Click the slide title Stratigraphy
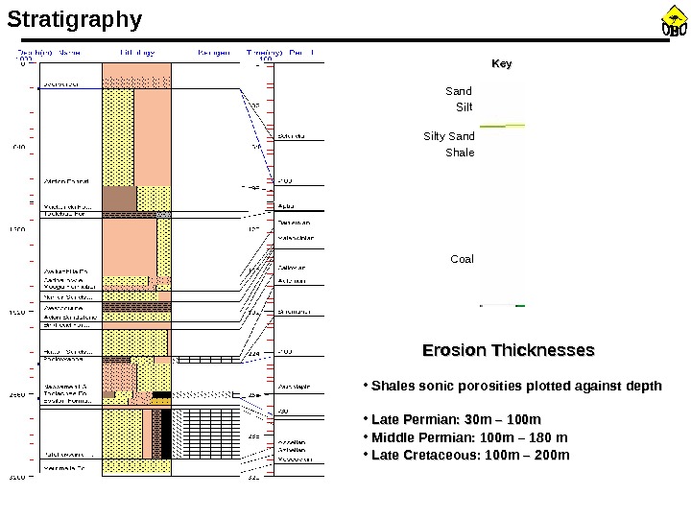(74, 19)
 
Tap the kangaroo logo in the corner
(673, 23)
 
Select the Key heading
(502, 64)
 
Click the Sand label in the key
(460, 92)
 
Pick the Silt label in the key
(465, 106)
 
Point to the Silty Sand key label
(449, 137)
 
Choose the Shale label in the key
(461, 153)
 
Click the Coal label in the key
(463, 259)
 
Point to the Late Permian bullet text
(456, 420)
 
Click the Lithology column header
(139, 52)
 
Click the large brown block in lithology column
(119, 198)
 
